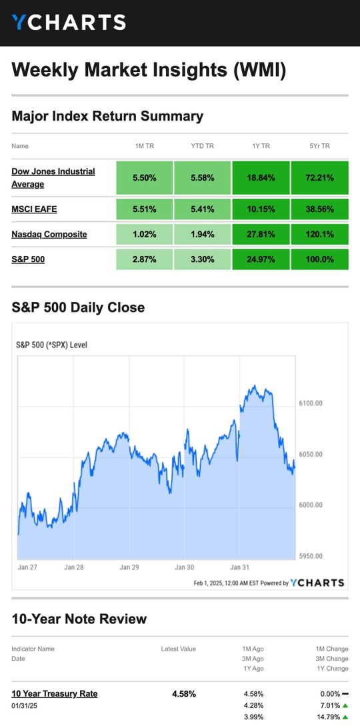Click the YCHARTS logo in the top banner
[69, 22]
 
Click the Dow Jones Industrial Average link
[53, 178]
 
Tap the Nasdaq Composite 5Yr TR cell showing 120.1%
[319, 234]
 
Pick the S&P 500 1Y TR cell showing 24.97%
[261, 259]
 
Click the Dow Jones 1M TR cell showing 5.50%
[145, 178]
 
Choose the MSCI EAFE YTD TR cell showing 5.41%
[203, 209]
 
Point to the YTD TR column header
[203, 146]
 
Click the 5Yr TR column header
[319, 146]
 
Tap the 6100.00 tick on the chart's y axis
[310, 403]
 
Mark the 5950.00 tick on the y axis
[310, 556]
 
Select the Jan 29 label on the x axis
[129, 567]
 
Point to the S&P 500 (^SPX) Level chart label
[51, 345]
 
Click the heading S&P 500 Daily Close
[78, 307]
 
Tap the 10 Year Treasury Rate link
[55, 693]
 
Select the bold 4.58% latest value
[184, 694]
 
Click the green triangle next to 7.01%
[345, 705]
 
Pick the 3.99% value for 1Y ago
[253, 717]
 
